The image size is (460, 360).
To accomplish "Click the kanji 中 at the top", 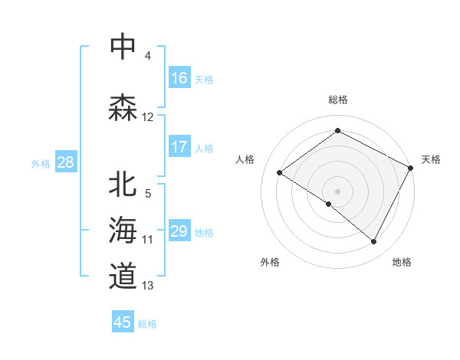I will pyautogui.click(x=123, y=46).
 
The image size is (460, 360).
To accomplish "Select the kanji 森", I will pyautogui.click(x=123, y=106).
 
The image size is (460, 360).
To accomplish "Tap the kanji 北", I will pyautogui.click(x=123, y=185).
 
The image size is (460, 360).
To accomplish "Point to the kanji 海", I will pyautogui.click(x=123, y=230).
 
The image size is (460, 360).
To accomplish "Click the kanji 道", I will pyautogui.click(x=123, y=276).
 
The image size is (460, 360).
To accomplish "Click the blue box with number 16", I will pyautogui.click(x=179, y=78).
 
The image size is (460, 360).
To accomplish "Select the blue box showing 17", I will pyautogui.click(x=179, y=147).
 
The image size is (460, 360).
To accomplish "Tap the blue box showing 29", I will pyautogui.click(x=179, y=231).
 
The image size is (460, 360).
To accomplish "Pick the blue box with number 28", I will pyautogui.click(x=64, y=162).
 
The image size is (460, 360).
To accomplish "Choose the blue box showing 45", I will pyautogui.click(x=123, y=322).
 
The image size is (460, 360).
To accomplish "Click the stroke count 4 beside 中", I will pyautogui.click(x=147, y=55).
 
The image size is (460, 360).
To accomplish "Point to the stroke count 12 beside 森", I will pyautogui.click(x=148, y=117).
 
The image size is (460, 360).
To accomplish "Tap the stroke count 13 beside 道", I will pyautogui.click(x=148, y=286).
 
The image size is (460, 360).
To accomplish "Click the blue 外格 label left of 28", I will pyautogui.click(x=41, y=164).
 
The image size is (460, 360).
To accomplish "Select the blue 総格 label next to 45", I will pyautogui.click(x=147, y=324).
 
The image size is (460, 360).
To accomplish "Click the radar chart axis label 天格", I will pyautogui.click(x=431, y=159).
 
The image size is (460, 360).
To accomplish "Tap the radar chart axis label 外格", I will pyautogui.click(x=270, y=262).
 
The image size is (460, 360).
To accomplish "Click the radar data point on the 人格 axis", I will pyautogui.click(x=279, y=173).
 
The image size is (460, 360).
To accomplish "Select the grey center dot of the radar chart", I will pyautogui.click(x=337, y=191).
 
